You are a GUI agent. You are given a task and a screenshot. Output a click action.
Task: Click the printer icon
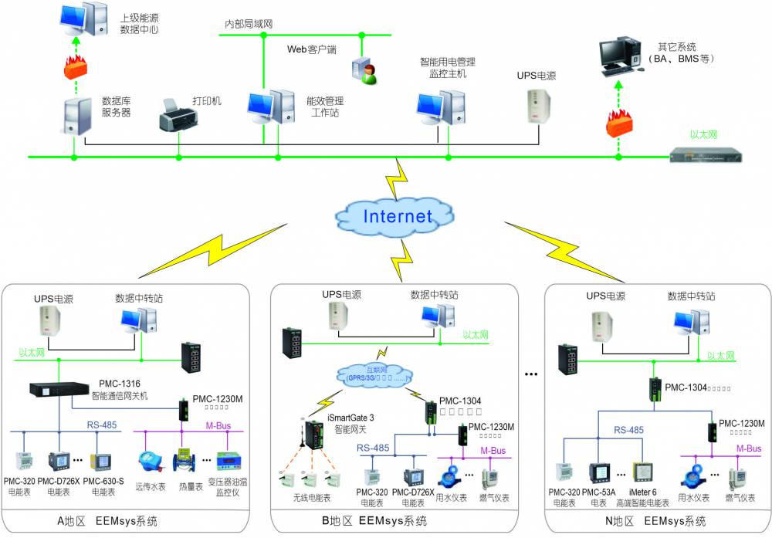(x=178, y=115)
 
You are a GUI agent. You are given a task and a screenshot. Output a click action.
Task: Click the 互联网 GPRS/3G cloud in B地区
(x=371, y=374)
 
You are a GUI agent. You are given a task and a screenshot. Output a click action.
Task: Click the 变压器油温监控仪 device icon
(x=231, y=464)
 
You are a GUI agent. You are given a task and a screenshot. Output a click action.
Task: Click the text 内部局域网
(x=249, y=24)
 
